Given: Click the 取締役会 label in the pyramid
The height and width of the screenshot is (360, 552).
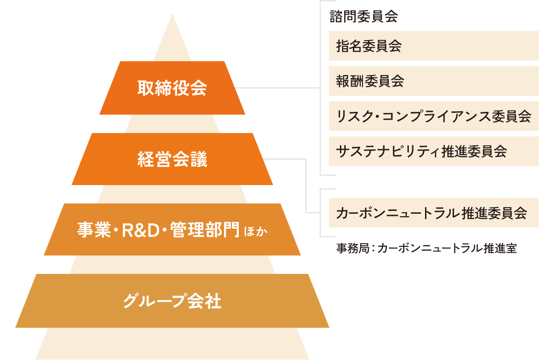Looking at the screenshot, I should (172, 88).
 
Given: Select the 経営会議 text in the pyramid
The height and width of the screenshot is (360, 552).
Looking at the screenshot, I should (172, 159).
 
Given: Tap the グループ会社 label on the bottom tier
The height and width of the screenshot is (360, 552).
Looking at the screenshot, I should (172, 301).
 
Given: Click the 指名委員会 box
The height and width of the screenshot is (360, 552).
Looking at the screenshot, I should (433, 46).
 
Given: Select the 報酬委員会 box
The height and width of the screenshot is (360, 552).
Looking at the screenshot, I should (433, 81).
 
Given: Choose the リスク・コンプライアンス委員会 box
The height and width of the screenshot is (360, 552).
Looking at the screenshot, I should (433, 116).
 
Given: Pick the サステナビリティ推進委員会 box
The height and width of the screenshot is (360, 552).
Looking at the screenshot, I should (433, 151).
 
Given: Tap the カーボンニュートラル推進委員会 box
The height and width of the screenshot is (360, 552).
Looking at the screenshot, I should (433, 213).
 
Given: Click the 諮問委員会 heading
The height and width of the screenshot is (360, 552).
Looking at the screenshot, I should (363, 17).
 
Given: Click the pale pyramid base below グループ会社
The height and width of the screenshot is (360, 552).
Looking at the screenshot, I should (172, 344).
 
